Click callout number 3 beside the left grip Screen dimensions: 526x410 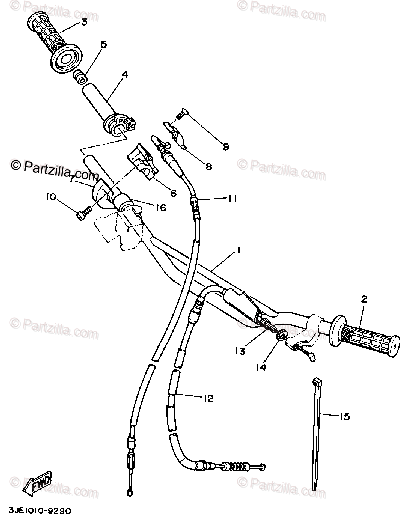pos(84,22)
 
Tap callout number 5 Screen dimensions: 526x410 pos(104,45)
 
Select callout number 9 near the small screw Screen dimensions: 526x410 pos(226,147)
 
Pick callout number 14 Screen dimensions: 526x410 pos(262,368)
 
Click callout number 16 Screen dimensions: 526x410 pos(160,207)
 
